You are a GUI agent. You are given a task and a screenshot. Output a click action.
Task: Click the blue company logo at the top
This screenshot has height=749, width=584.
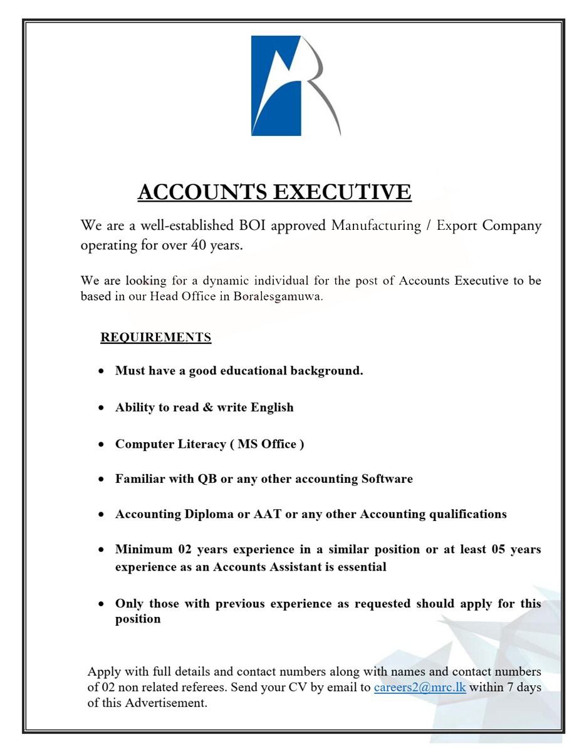(295, 86)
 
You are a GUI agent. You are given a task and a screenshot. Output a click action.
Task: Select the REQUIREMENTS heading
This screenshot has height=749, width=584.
(155, 338)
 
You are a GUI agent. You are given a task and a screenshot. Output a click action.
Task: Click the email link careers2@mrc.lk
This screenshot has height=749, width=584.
(419, 687)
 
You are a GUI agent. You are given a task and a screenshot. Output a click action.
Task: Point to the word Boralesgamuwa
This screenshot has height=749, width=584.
(278, 296)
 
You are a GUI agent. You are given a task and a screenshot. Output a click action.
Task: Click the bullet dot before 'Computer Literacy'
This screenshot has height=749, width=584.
(102, 445)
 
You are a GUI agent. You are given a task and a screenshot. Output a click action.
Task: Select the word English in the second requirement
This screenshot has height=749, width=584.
(272, 407)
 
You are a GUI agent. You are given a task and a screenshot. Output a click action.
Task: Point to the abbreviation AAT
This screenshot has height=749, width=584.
(267, 514)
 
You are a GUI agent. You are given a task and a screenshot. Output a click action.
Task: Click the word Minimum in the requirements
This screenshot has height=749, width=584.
(143, 549)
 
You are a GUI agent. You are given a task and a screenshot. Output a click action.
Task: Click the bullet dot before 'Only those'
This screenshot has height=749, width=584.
(102, 604)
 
